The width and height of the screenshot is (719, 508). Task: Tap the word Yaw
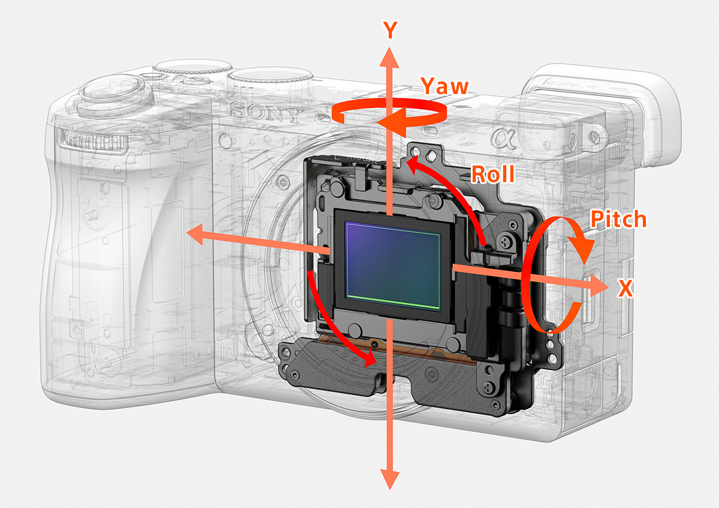[x=444, y=86]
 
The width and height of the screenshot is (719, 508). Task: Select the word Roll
[x=493, y=174]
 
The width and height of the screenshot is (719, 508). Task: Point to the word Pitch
[x=618, y=219]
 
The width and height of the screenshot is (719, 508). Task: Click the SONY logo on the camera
[x=264, y=112]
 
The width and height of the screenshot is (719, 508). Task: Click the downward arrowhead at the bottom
[x=390, y=479]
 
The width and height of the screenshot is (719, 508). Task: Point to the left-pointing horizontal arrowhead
[x=195, y=235]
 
